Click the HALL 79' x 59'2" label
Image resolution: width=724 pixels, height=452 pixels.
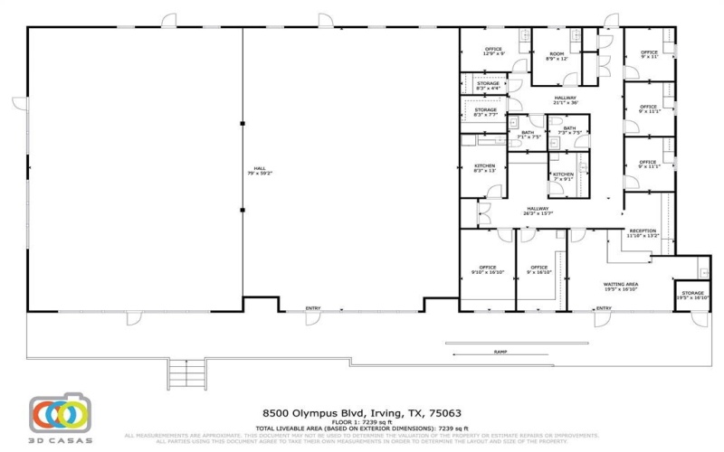pos(259,171)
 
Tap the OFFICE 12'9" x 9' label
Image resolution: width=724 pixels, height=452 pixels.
pos(493,52)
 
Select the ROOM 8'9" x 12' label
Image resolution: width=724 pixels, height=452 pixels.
pos(557,56)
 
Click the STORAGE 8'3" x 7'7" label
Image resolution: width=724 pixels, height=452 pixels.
pos(487,113)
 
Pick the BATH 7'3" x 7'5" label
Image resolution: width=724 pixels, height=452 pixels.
pos(569,130)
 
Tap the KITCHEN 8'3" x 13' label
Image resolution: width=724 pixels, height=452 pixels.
pos(484,168)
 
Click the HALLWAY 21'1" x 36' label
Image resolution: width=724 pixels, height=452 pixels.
pos(566,99)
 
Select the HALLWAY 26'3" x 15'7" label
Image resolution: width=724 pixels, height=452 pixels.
pos(539,211)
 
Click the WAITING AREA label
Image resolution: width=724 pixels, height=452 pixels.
pos(621,287)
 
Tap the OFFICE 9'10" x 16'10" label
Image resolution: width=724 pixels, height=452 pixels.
pos(488,269)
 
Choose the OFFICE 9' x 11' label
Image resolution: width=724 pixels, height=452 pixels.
pos(649,54)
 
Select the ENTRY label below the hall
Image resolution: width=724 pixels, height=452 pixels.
pos(313,308)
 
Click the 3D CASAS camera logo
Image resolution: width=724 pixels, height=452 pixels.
pos(59,414)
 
